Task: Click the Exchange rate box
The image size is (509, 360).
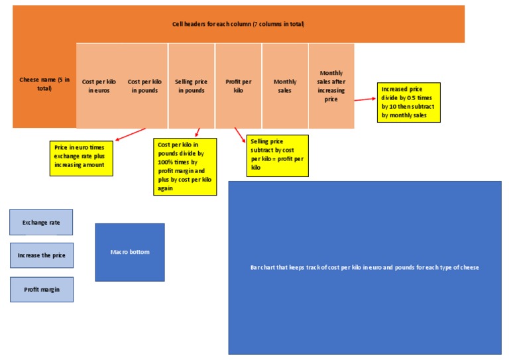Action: click(x=41, y=222)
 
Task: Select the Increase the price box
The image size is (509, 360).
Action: click(x=42, y=255)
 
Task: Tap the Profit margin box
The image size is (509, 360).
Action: click(x=42, y=289)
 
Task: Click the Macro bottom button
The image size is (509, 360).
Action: click(x=130, y=252)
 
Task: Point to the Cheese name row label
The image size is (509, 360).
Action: click(x=44, y=84)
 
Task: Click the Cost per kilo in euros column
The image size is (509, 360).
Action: click(x=99, y=86)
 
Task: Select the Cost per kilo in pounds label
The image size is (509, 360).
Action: click(x=144, y=86)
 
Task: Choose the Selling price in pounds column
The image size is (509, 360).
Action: click(x=191, y=86)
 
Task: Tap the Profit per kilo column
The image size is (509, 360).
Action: click(x=239, y=86)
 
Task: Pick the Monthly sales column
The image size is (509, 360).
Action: click(x=285, y=86)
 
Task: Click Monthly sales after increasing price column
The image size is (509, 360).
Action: click(x=331, y=86)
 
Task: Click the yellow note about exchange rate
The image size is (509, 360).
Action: click(x=81, y=158)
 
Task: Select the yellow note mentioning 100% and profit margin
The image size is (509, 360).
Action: click(x=185, y=167)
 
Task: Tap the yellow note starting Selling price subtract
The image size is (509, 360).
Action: click(x=278, y=156)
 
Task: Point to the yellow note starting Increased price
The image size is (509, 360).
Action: click(x=409, y=102)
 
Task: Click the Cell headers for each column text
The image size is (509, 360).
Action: click(x=239, y=24)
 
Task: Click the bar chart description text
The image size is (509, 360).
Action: click(x=365, y=267)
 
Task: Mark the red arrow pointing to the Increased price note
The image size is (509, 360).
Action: click(x=365, y=99)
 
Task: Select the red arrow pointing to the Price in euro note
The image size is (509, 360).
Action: click(x=131, y=135)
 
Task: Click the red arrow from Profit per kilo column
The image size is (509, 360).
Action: click(x=240, y=135)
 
